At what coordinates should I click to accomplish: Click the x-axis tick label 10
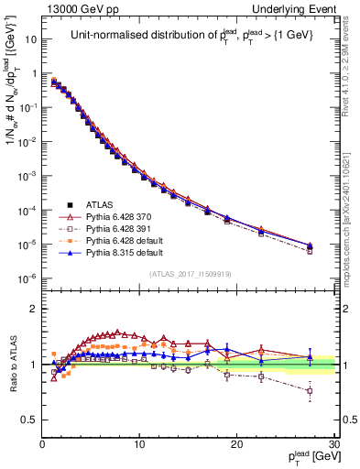pos(139,445)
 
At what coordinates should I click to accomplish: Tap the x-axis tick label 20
pos(236,445)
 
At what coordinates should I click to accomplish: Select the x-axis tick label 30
pos(333,445)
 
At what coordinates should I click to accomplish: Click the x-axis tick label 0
pos(43,445)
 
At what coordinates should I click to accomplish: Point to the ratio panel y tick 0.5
pos(29,419)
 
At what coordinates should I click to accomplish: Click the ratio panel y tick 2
pos(33,308)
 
